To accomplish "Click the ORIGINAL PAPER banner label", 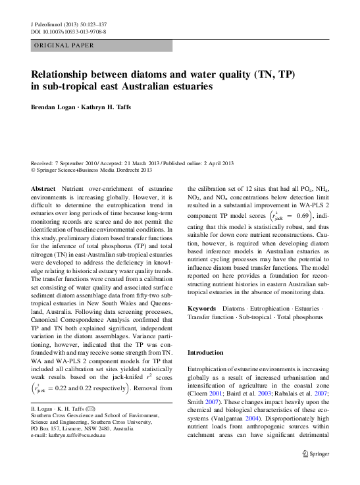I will coord(63,45).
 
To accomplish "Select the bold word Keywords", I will coord(201,308).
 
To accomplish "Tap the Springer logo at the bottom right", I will coord(315,471).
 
